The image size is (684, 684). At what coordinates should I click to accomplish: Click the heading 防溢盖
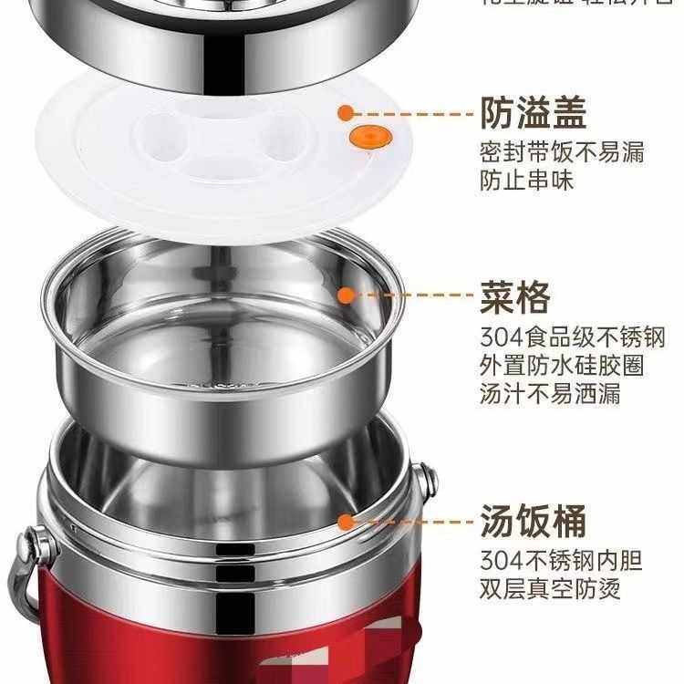534,114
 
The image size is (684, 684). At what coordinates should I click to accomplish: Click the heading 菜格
515,296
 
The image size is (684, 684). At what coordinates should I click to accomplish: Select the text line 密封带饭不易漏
562,151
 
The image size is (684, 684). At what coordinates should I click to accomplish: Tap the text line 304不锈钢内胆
562,560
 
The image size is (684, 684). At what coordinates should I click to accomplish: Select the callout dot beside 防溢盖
346,113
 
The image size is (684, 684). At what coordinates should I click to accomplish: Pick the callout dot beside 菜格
346,295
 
